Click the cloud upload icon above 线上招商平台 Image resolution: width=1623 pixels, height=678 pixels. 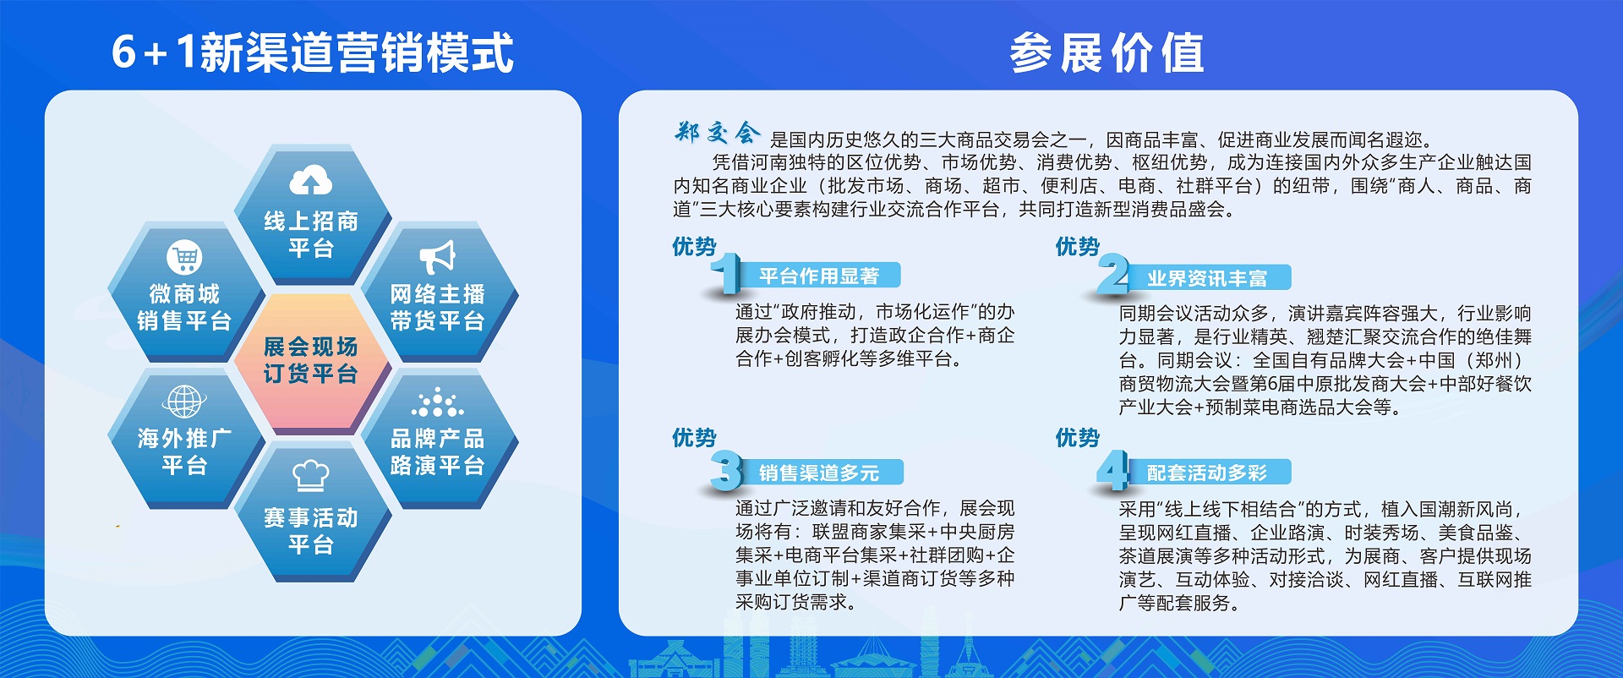coord(311,180)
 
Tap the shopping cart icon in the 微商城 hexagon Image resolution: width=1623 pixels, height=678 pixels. coord(184,257)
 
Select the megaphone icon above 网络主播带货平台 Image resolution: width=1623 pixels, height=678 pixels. coord(437,257)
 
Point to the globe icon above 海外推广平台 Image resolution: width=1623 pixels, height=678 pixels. coord(184,402)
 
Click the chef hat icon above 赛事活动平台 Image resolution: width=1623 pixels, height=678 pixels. coord(311,475)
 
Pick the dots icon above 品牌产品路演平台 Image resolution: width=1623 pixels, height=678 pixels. coord(437,402)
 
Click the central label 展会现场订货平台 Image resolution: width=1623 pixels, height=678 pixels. coord(310,360)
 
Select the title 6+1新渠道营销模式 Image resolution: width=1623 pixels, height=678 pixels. coord(313,52)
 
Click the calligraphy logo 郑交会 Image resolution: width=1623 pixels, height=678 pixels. coord(717,133)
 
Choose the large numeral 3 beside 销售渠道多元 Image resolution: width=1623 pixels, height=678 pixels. coord(726,470)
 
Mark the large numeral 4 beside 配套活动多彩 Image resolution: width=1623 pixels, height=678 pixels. coord(1112,470)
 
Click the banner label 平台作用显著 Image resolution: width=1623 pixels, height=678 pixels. coord(818,276)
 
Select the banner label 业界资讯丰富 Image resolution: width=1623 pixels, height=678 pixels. coord(1206,278)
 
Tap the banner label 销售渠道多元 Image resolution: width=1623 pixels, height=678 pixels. coord(818,473)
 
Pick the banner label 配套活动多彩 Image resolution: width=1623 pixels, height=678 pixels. coord(1206,473)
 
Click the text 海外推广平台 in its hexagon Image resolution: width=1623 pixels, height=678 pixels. coord(184,451)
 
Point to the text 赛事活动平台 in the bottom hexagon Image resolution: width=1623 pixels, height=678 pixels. coord(310,531)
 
